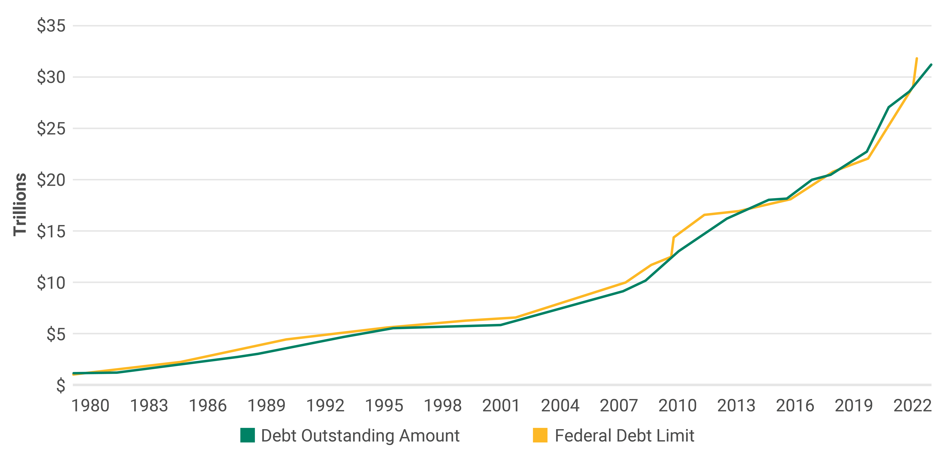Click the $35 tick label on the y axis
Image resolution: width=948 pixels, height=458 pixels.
51,26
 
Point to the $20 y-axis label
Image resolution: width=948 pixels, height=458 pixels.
51,180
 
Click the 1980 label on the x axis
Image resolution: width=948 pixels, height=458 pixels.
91,406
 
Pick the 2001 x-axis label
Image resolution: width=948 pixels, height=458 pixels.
501,406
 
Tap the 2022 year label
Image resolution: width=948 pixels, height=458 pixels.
913,406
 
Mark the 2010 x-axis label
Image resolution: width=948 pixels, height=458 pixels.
677,406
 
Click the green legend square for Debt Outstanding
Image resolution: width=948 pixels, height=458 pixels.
248,435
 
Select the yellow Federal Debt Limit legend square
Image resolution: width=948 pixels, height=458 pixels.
540,435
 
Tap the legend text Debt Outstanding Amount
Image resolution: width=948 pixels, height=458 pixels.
360,436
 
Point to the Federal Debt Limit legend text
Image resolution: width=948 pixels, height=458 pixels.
624,436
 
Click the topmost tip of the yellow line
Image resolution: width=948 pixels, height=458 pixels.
916,58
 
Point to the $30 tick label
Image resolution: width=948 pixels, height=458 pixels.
51,77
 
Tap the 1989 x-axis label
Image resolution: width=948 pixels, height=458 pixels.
266,406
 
